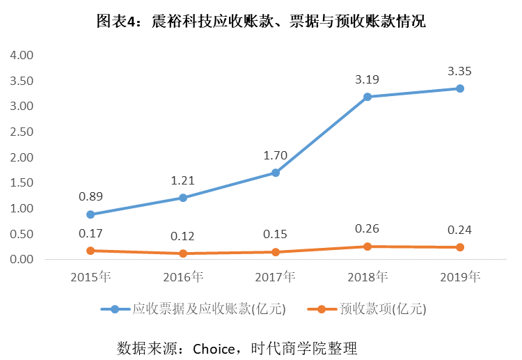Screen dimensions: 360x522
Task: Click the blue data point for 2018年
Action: click(x=367, y=97)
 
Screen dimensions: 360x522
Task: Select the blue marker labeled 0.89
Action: click(x=90, y=214)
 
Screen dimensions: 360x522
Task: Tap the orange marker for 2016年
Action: click(x=183, y=253)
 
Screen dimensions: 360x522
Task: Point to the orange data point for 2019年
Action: click(x=460, y=247)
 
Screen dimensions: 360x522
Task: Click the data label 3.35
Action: click(x=460, y=71)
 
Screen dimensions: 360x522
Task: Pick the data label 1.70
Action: click(x=276, y=155)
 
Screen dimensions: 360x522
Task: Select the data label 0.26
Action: click(x=367, y=229)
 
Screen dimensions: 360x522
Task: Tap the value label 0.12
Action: click(x=183, y=236)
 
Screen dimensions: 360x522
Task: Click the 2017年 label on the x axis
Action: click(x=276, y=277)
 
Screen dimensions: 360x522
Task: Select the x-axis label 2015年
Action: click(x=90, y=277)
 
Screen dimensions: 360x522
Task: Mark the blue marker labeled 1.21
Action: click(x=183, y=198)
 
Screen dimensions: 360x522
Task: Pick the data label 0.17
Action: click(x=90, y=233)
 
